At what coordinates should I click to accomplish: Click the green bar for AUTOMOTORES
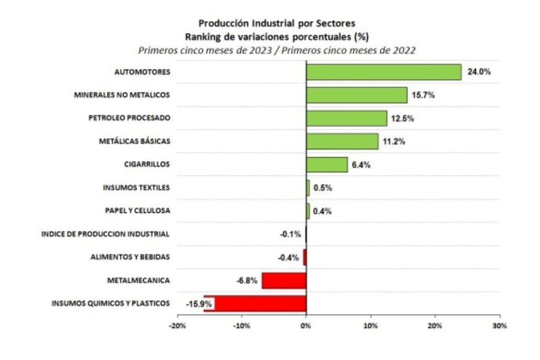[x=384, y=72]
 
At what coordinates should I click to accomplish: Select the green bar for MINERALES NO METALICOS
[x=357, y=95]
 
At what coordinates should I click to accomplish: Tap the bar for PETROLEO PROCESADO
[x=346, y=118]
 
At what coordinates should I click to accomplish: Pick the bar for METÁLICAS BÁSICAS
[x=342, y=142]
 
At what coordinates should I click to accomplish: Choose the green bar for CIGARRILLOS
[x=326, y=164]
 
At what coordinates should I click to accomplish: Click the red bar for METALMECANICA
[x=284, y=281]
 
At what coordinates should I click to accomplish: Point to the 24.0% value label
[x=479, y=72]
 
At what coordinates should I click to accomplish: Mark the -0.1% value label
[x=290, y=235]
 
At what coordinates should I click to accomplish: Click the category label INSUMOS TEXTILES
[x=137, y=187]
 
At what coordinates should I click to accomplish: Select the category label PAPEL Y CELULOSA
[x=137, y=211]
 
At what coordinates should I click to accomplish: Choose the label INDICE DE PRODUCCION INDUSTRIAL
[x=106, y=234]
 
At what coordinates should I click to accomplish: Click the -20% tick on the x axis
[x=177, y=326]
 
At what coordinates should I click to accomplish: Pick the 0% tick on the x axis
[x=306, y=326]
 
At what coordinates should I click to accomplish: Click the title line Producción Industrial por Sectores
[x=276, y=24]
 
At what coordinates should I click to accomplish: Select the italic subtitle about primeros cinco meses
[x=276, y=50]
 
